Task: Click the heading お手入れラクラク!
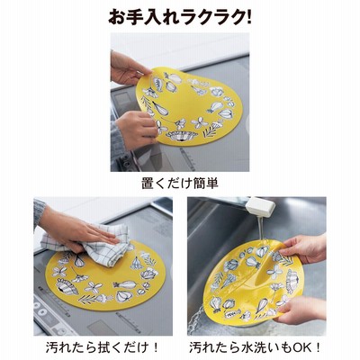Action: [x=180, y=17]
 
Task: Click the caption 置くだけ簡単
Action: [x=180, y=184]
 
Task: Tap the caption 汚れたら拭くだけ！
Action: [x=103, y=347]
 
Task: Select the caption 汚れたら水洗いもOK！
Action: [x=256, y=347]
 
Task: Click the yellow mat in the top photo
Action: [x=189, y=106]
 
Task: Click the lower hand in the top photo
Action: [x=137, y=129]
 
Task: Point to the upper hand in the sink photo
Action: [x=303, y=249]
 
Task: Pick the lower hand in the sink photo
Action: [x=303, y=309]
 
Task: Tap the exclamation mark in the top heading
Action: [x=247, y=17]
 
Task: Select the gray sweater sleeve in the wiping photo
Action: [x=39, y=211]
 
